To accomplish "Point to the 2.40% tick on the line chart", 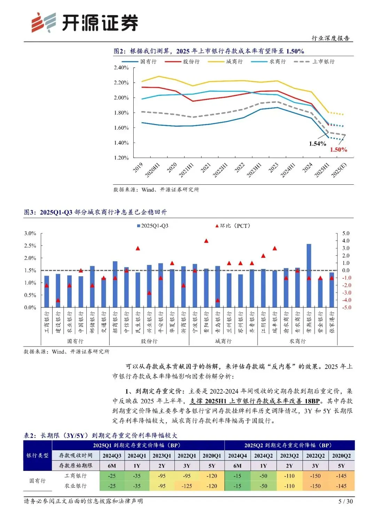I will coord(121,68).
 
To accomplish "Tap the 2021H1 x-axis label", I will coord(186,170).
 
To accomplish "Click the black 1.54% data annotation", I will coord(318,144).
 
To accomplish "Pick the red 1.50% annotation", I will coord(338,150).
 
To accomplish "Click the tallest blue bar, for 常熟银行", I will coord(309,275).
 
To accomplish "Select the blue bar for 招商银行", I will coord(115,284).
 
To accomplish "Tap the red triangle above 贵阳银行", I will coord(206,241).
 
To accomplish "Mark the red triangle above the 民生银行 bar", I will coord(138,248).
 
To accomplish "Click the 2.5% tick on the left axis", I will coord(30,246).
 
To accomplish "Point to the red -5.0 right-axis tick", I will coord(346,308).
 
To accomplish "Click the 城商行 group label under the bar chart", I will coord(223,341).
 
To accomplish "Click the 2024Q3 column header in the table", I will coord(112,456).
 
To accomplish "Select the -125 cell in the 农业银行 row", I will coord(187,486).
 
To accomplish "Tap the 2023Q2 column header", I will coord(289,456).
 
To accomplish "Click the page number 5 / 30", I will coord(345,501).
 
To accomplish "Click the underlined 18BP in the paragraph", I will coord(312,401).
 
